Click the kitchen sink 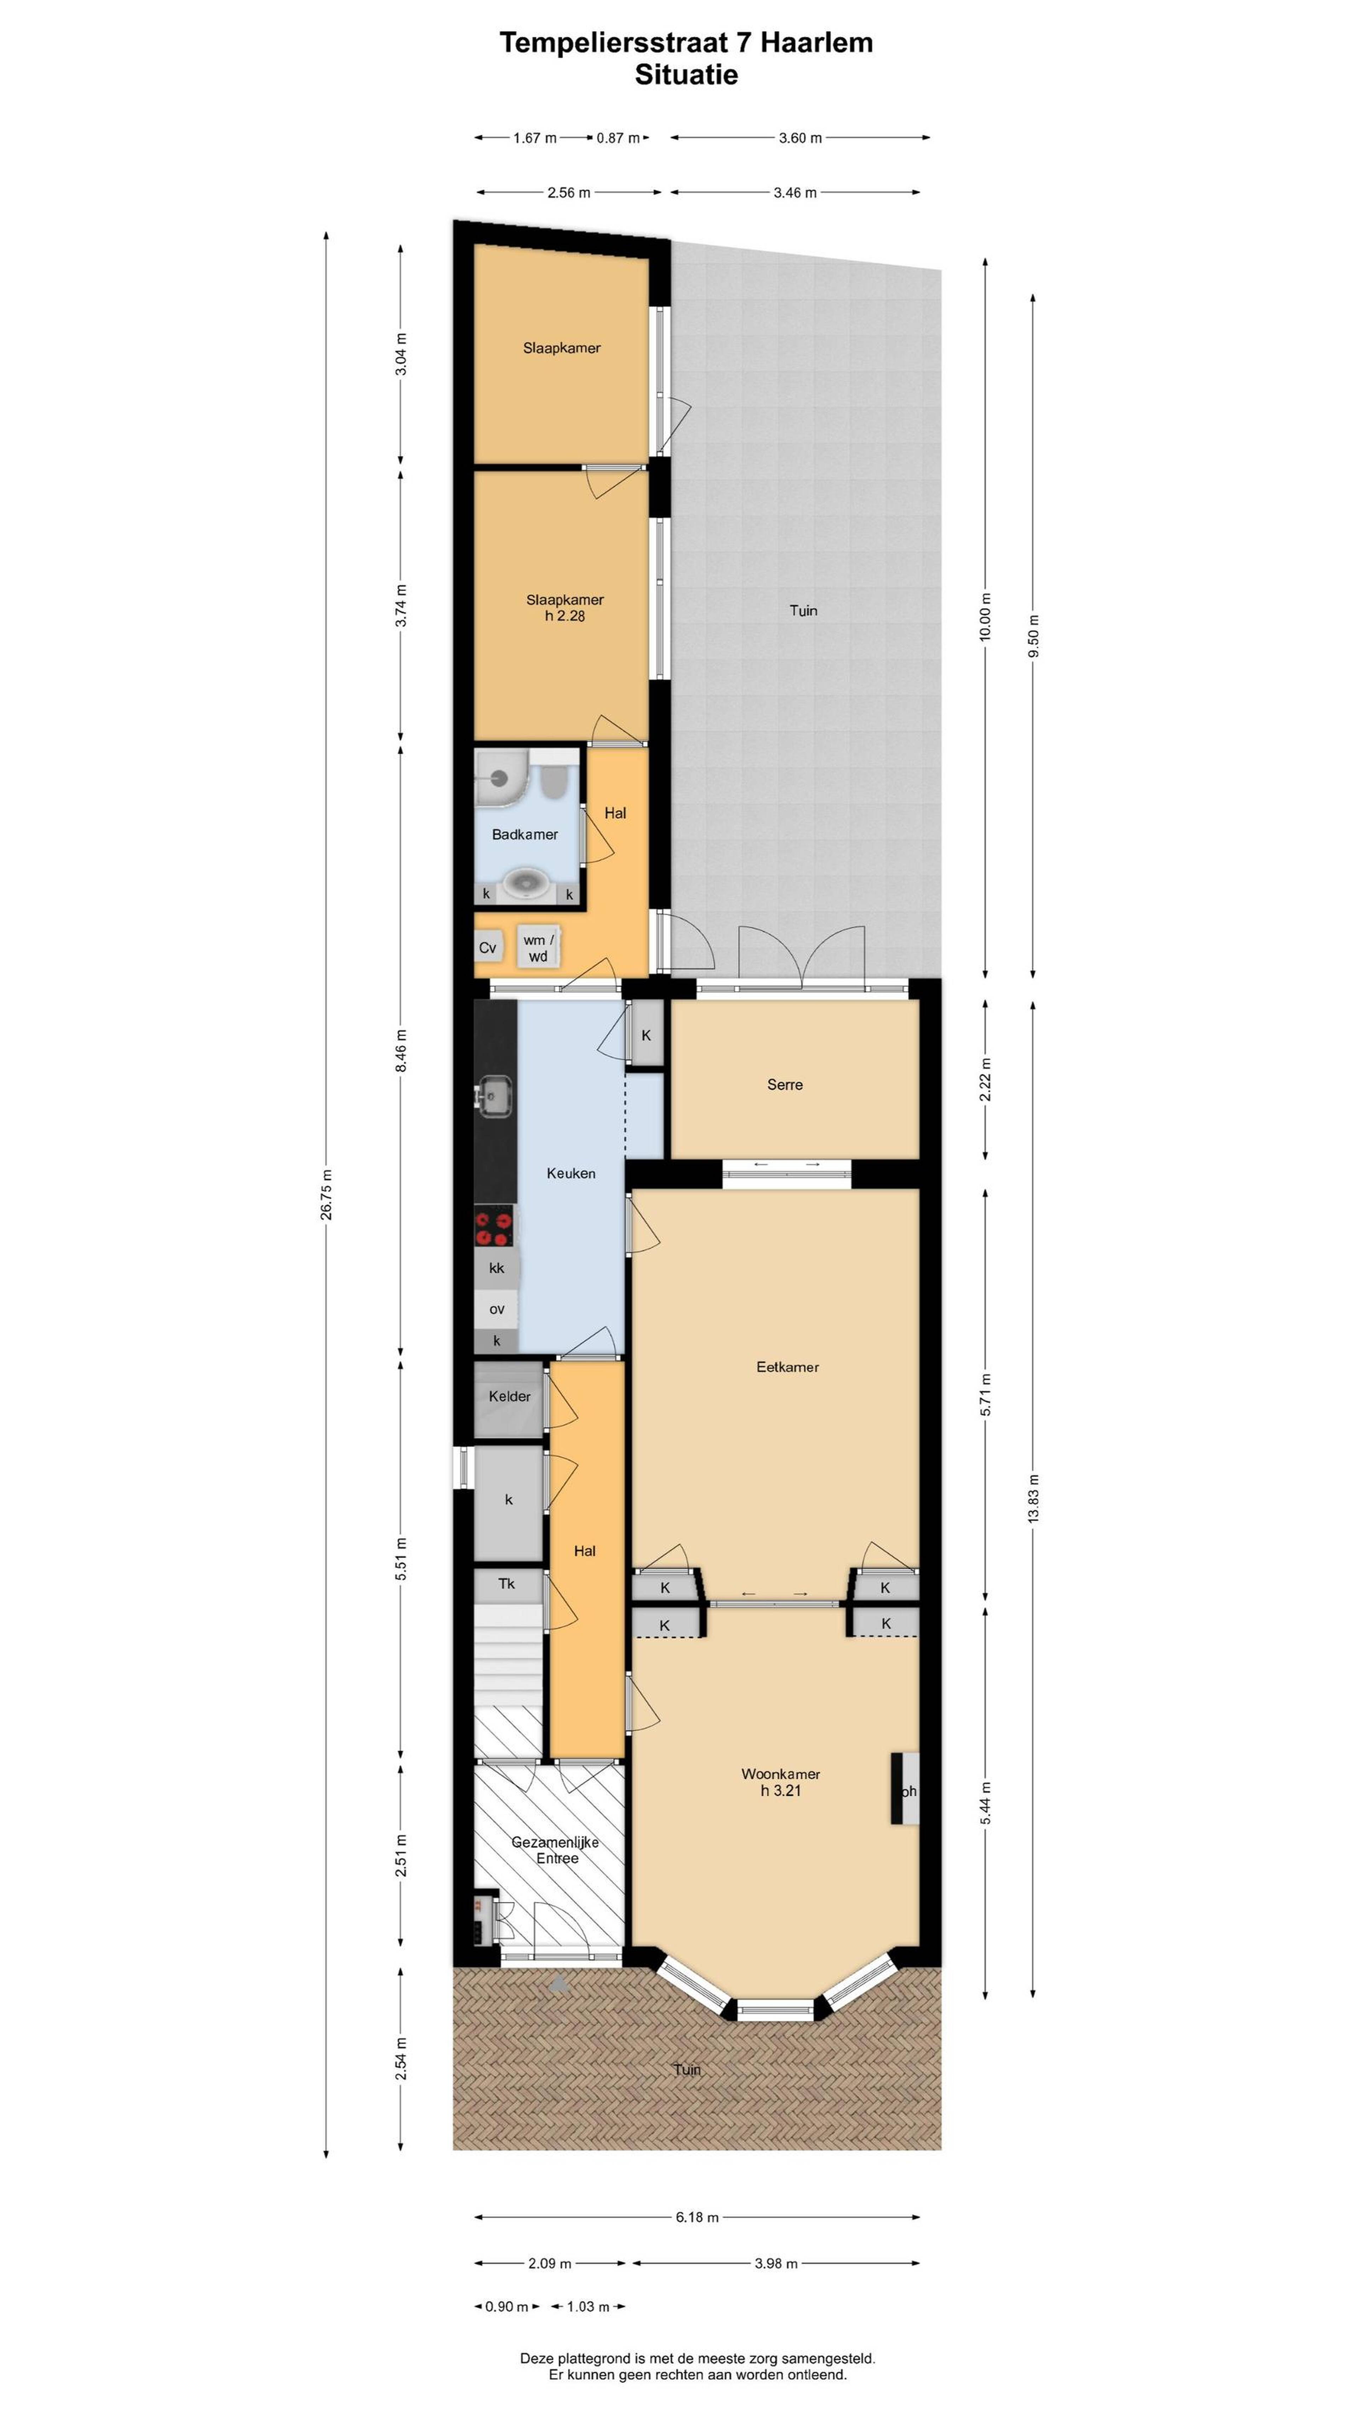point(494,1096)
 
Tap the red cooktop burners point(494,1229)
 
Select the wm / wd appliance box point(538,947)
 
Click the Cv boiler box point(487,947)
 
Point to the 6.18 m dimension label point(696,2217)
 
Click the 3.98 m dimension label point(776,2263)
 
